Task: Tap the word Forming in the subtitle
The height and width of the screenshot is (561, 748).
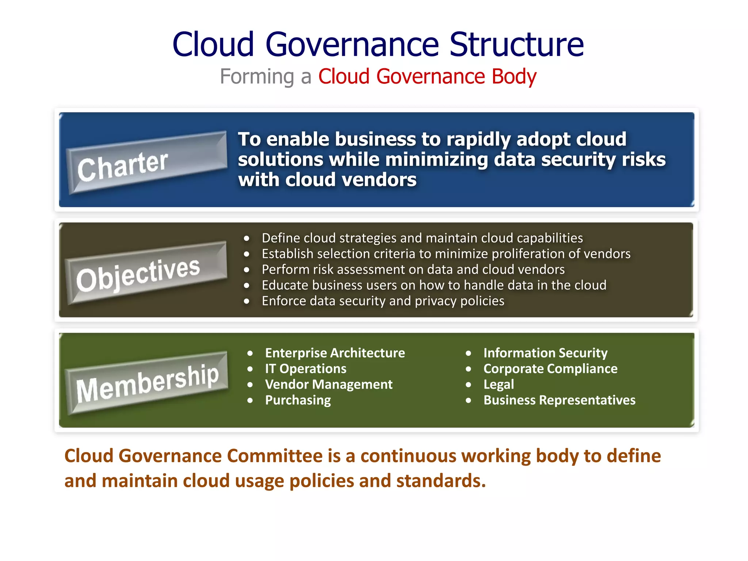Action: point(257,77)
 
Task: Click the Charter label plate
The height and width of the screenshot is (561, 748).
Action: point(146,163)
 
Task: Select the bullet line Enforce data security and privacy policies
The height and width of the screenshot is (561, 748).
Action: point(383,301)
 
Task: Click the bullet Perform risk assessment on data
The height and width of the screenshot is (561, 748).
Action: point(413,270)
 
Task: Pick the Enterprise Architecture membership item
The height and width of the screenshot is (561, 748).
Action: point(335,353)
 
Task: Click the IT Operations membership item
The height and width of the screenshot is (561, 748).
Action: point(306,369)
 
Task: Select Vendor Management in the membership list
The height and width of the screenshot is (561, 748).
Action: point(329,385)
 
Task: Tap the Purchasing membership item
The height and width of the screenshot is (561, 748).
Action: point(298,400)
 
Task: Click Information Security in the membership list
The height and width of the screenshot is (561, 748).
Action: point(545,353)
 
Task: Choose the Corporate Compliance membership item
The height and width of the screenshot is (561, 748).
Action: point(550,369)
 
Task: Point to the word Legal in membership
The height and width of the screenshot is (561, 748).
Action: point(499,385)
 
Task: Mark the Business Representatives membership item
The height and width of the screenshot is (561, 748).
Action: point(559,400)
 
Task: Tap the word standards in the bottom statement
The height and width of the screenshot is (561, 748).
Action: point(441,481)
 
